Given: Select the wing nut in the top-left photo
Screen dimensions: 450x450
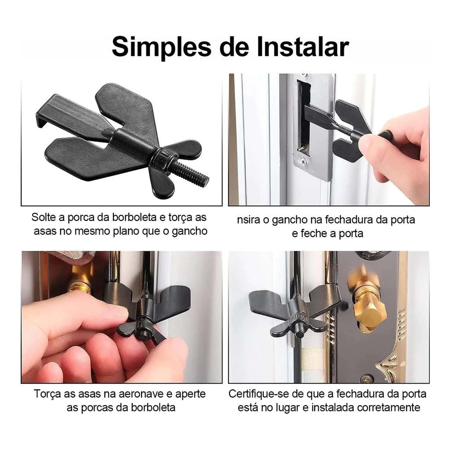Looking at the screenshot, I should point(169,160).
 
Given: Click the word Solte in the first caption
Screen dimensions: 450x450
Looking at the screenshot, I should point(44,217).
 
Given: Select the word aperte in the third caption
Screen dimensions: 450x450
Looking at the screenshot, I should point(189,393).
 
